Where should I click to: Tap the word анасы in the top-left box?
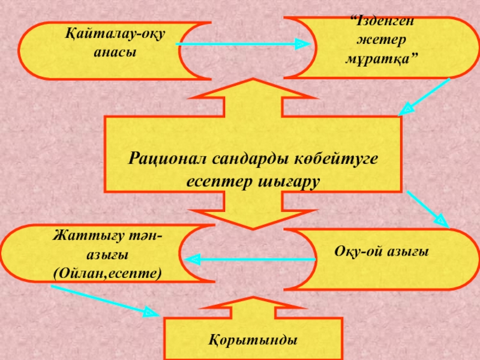[116, 52]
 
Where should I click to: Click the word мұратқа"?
[382, 59]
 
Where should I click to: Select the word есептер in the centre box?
[215, 180]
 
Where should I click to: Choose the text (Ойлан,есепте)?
[107, 273]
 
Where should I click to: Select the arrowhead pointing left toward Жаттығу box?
[191, 260]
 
